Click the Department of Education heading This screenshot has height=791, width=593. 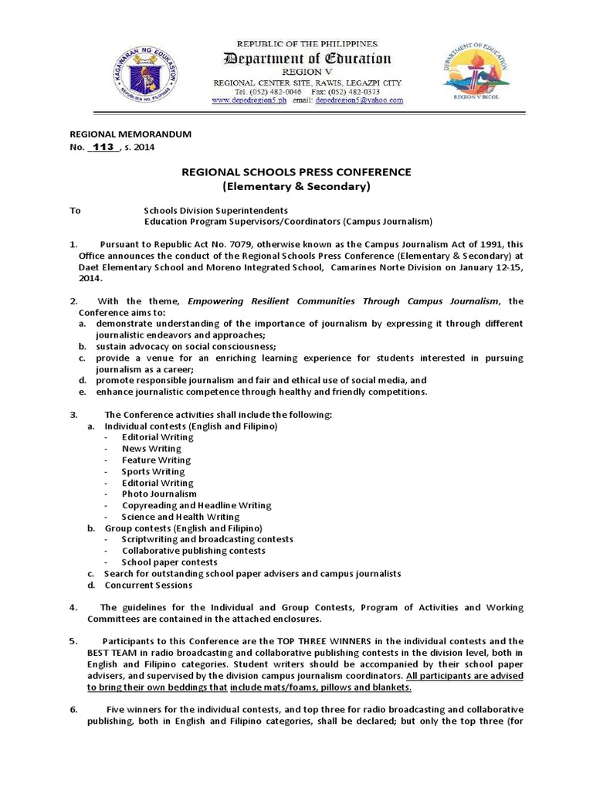pyautogui.click(x=307, y=59)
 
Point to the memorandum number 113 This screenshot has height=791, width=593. pyautogui.click(x=103, y=148)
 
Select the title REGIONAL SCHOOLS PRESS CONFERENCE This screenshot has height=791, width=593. pyautogui.click(x=296, y=171)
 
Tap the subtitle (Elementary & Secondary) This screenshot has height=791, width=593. pyautogui.click(x=296, y=187)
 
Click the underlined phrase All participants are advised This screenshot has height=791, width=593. pyautogui.click(x=470, y=675)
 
